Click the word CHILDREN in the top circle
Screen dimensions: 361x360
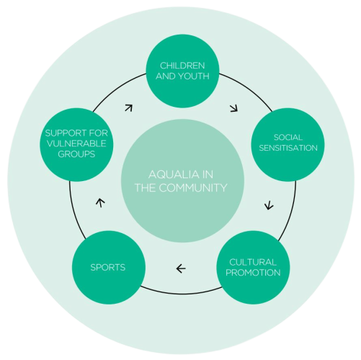click(x=182, y=66)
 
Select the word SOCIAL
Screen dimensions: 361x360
click(x=288, y=137)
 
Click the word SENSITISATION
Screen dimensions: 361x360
click(x=288, y=148)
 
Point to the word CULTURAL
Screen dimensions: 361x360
click(x=253, y=262)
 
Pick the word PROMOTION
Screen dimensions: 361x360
click(x=253, y=273)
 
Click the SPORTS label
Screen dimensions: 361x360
click(x=108, y=268)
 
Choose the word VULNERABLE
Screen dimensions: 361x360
click(x=76, y=144)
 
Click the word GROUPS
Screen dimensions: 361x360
click(x=76, y=154)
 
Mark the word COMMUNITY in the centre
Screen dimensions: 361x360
click(x=193, y=188)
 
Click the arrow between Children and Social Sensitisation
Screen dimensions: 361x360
click(x=234, y=108)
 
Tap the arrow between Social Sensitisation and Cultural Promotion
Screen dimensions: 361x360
click(x=269, y=206)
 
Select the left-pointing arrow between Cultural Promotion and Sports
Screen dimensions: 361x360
click(x=181, y=268)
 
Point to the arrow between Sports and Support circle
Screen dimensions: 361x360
click(x=100, y=203)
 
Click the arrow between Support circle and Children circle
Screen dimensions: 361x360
click(x=129, y=108)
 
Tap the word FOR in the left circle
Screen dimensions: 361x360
click(x=99, y=133)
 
